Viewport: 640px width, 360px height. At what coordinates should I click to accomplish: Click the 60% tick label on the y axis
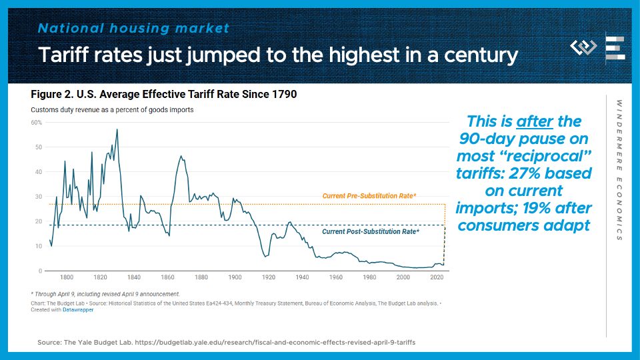37,123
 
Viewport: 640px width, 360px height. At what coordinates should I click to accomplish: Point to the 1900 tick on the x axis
235,277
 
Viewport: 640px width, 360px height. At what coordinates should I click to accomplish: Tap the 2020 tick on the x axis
437,277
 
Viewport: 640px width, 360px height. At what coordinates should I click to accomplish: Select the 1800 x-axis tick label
67,277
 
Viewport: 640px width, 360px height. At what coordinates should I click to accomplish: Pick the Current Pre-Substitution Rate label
369,196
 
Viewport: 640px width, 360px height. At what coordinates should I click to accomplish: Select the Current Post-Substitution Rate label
370,232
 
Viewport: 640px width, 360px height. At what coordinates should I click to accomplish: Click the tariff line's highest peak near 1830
117,129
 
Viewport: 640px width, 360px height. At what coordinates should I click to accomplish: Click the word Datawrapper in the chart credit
79,310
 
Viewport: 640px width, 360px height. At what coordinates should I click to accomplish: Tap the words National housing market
133,29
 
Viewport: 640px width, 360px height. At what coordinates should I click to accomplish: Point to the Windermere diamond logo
584,48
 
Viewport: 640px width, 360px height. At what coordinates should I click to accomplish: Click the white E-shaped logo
614,48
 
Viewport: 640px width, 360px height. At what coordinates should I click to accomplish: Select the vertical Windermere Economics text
619,170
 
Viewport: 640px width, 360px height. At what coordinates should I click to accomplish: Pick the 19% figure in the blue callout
513,207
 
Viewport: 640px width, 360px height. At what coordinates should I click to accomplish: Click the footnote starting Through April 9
105,293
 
